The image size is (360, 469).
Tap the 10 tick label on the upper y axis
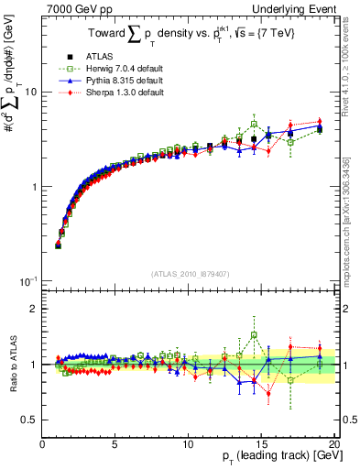tap(29, 93)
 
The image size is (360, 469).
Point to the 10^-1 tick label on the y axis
tap(27, 280)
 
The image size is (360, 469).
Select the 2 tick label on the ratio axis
tap(34, 309)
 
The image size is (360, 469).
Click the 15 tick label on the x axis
tap(260, 443)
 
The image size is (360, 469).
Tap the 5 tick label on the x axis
tap(115, 443)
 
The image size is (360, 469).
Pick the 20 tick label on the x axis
tap(333, 443)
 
